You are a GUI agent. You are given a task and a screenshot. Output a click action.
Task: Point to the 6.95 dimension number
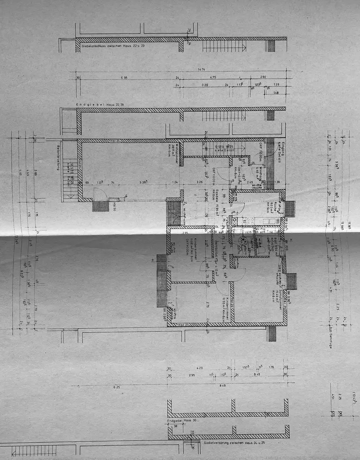124,77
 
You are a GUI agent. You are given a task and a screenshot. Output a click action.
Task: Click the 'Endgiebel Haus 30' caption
182,420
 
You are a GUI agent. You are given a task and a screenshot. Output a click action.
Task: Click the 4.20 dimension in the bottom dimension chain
199,368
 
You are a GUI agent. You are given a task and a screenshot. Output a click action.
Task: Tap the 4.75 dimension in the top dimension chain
213,77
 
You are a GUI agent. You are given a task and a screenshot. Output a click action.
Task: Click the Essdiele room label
214,196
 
